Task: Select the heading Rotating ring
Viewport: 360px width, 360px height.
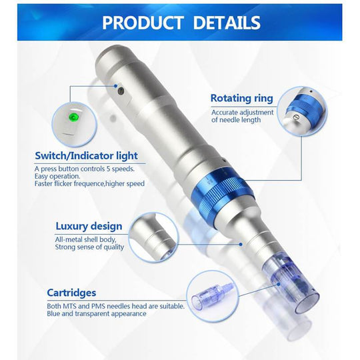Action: tap(241, 98)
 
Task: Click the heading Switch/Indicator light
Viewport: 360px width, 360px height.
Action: tap(87, 156)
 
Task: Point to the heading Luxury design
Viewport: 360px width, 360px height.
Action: tap(89, 227)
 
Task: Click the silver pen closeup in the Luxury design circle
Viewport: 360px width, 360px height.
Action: tap(153, 237)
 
